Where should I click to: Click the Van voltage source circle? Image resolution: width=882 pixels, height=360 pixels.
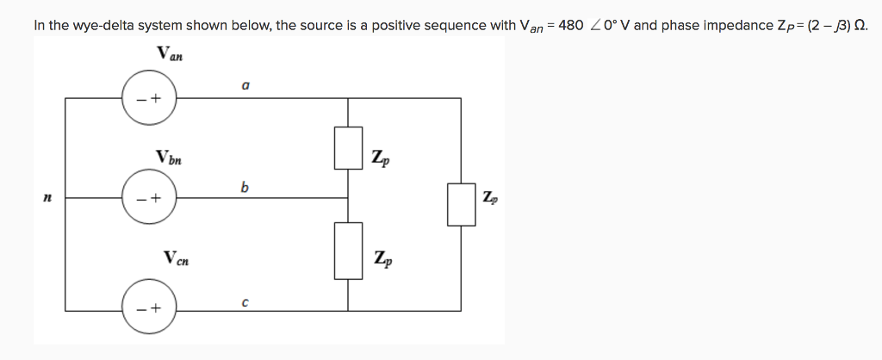click(148, 97)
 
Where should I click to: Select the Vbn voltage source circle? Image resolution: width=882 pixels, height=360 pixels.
click(148, 198)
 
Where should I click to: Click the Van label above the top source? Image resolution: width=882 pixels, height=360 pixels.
click(170, 54)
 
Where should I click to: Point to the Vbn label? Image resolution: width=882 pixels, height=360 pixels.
click(169, 158)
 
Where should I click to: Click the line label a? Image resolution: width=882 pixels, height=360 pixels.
click(245, 85)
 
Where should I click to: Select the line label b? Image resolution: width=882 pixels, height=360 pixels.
click(245, 186)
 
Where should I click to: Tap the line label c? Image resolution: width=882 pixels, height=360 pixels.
click(245, 302)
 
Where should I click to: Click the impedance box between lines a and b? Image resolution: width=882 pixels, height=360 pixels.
click(348, 148)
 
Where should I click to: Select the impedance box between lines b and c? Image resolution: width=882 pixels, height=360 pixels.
click(348, 251)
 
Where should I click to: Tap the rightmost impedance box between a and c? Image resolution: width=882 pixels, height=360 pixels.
click(462, 203)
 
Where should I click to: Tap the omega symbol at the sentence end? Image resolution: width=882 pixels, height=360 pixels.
click(860, 25)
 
